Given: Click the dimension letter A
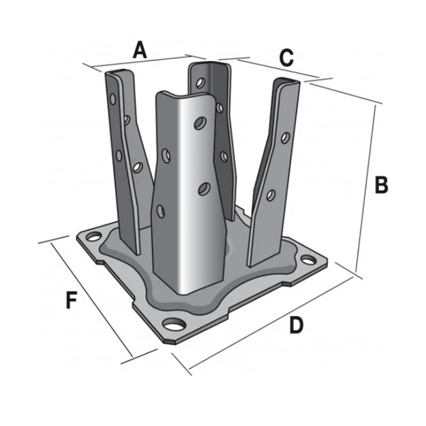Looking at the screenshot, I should [x=140, y=50].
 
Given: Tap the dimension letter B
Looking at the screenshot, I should [x=381, y=185].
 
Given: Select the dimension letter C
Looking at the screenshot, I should [x=285, y=58].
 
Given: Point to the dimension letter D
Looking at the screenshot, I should [x=297, y=325].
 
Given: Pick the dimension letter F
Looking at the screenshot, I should [x=71, y=300].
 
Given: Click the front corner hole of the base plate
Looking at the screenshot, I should [x=173, y=325].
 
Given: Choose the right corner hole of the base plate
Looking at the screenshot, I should [x=307, y=258].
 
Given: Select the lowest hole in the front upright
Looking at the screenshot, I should [x=161, y=209].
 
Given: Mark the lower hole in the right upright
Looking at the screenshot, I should [x=271, y=193].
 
